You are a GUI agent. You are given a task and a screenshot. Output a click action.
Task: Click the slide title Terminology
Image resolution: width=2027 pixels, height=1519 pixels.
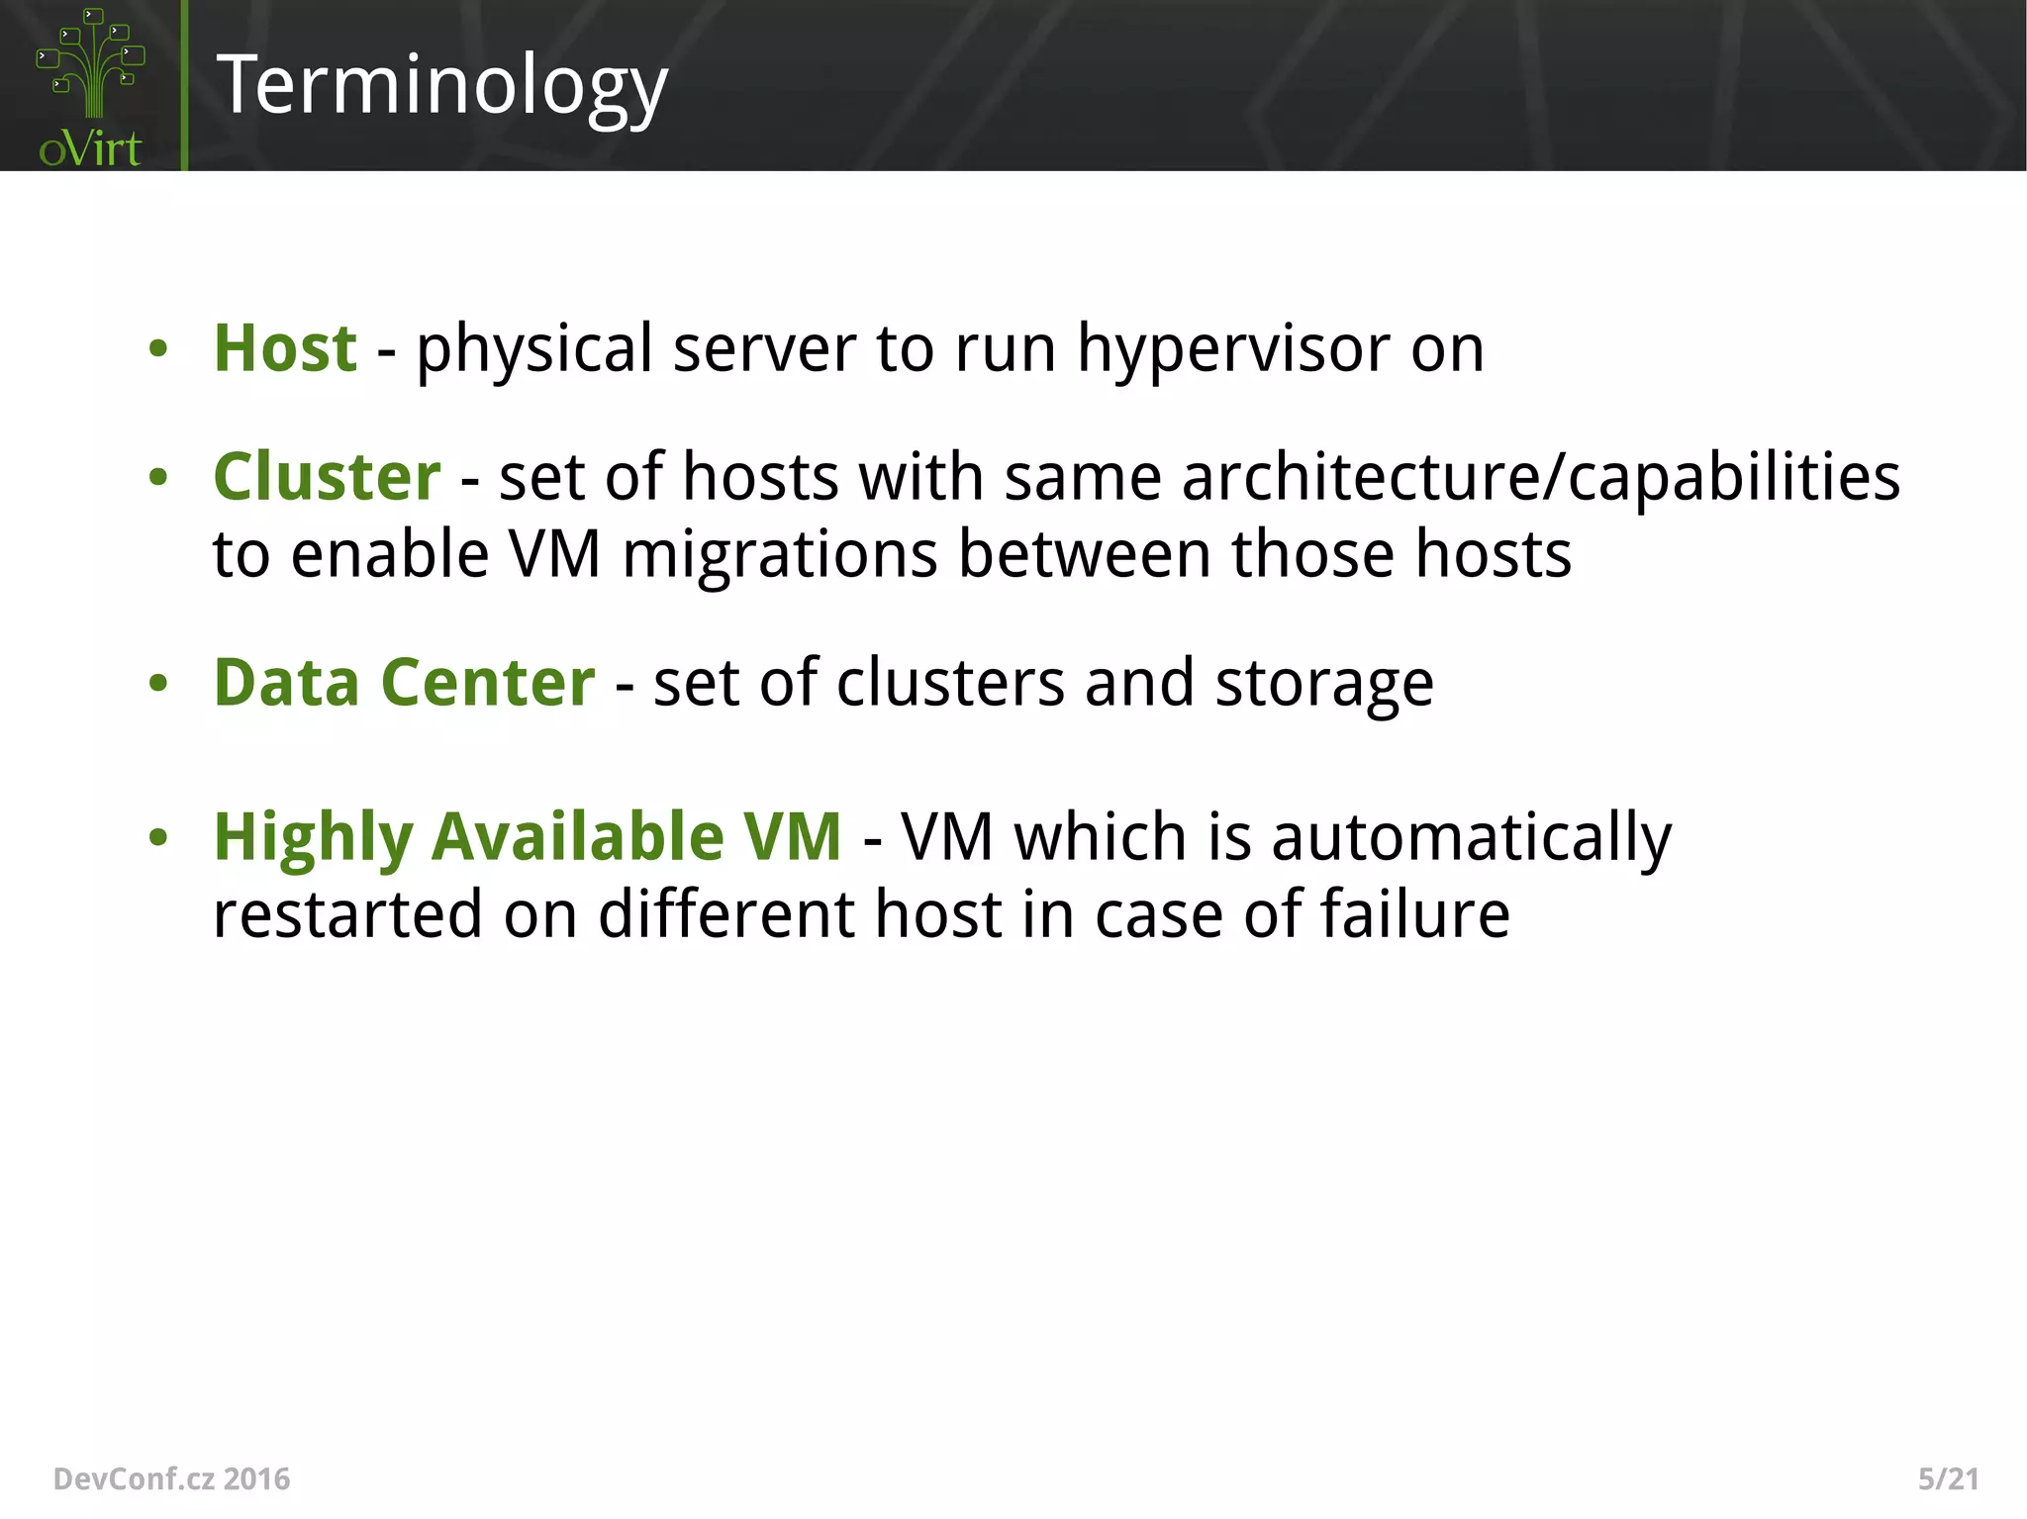pos(441,87)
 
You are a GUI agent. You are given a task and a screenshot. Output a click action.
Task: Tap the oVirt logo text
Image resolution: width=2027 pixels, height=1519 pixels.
pos(90,148)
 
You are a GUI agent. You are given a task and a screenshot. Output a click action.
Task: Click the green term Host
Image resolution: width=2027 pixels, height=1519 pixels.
pos(285,348)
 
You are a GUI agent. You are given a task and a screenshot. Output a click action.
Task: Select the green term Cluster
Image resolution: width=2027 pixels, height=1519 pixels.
pos(327,477)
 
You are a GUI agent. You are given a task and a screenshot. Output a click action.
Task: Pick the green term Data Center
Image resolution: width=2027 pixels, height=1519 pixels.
pos(404,683)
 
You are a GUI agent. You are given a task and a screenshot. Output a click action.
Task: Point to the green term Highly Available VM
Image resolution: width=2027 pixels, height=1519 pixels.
pos(528,837)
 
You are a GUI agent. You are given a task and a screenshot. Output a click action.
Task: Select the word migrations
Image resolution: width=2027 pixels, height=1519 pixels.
pos(779,554)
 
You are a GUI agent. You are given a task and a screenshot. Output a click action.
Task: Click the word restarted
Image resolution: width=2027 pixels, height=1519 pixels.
pos(347,913)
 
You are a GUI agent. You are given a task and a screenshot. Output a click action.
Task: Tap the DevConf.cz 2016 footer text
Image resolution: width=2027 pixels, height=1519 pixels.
pos(171,1478)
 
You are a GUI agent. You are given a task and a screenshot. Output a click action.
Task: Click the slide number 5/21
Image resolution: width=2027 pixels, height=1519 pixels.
pos(1948,1478)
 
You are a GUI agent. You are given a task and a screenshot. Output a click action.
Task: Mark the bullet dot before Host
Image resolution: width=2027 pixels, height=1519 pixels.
pos(158,349)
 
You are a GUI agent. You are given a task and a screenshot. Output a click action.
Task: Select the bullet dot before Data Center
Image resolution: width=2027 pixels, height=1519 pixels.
pos(158,684)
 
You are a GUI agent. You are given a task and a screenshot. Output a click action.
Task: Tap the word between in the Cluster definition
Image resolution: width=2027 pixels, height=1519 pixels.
pos(1084,554)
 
